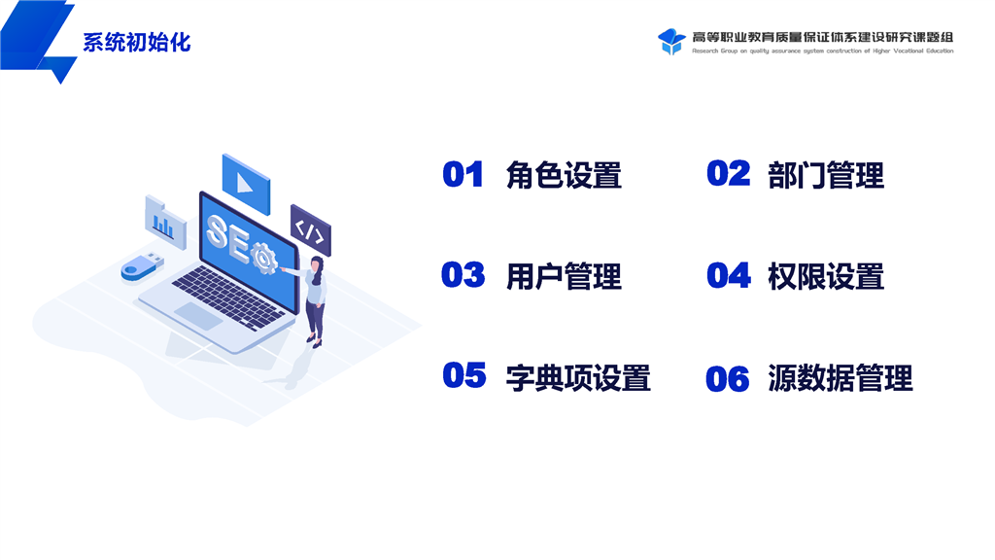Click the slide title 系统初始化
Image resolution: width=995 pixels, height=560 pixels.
[136, 43]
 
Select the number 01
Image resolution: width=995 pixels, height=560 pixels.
[463, 175]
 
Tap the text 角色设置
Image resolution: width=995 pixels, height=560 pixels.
[564, 175]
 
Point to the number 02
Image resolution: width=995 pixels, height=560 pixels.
[729, 173]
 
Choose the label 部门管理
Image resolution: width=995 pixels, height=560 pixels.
[826, 175]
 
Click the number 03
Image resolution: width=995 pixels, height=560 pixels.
[463, 275]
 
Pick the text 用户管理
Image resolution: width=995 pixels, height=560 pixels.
[564, 276]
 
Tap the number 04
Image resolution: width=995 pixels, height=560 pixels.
[729, 275]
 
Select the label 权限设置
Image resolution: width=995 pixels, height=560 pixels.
[826, 276]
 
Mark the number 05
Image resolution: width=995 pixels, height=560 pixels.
[464, 375]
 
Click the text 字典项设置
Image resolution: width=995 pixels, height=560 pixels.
[578, 378]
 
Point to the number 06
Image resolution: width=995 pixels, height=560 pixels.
[728, 379]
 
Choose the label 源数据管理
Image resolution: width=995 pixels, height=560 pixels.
[841, 378]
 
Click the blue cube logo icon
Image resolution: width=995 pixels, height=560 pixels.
[671, 42]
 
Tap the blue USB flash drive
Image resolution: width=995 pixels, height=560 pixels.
[142, 266]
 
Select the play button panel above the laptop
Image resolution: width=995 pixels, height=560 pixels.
[246, 184]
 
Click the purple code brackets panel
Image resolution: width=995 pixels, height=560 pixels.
[311, 229]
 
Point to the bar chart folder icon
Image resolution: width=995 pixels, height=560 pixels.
[165, 223]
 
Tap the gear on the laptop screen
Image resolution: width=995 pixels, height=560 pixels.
[264, 258]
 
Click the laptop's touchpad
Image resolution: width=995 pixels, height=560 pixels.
[198, 316]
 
